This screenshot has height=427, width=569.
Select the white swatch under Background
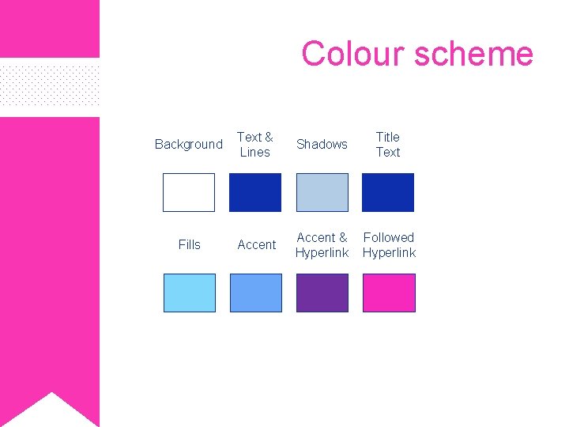point(189,192)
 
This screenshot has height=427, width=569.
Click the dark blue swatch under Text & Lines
point(255,192)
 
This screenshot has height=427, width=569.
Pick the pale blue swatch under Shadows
point(322,192)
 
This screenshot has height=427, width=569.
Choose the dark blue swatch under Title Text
point(388,192)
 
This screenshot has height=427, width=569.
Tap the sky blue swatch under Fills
point(189,293)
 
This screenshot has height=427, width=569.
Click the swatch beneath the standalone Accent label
point(255,293)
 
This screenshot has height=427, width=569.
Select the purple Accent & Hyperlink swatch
point(322,293)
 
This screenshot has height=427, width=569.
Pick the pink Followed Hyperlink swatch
point(388,293)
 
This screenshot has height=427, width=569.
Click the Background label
point(189,144)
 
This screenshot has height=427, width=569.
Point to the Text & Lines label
point(255,144)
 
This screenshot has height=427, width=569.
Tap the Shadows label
point(322,144)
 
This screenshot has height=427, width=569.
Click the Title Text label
point(388,144)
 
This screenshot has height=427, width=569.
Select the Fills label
point(190,244)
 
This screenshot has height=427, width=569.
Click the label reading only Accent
point(257,244)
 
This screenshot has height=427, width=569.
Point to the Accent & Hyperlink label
point(322,244)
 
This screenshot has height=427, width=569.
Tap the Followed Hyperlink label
point(389,244)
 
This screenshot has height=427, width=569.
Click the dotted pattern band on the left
point(49,87)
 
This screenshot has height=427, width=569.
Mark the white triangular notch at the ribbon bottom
point(51,411)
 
